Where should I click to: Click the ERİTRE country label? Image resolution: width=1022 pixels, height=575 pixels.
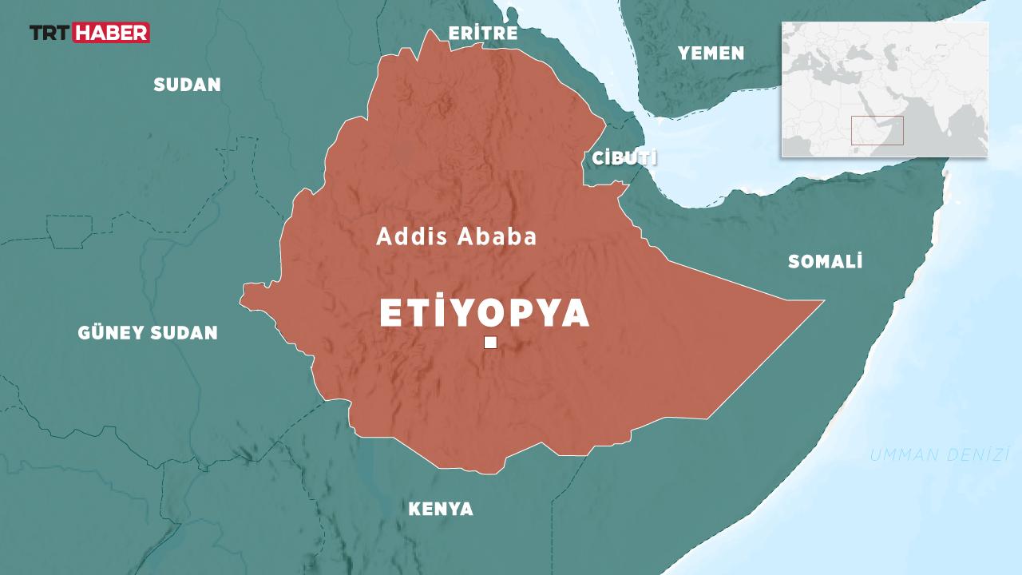[483, 34]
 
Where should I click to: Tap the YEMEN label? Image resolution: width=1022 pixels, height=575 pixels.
[711, 54]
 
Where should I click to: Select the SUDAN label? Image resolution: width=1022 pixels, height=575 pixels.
[187, 85]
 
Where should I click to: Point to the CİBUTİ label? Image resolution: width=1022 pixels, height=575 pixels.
[624, 158]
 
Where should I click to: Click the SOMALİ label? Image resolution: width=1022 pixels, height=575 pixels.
[825, 262]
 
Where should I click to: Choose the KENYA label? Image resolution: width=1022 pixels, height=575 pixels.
[441, 510]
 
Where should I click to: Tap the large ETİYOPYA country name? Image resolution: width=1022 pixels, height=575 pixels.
[485, 314]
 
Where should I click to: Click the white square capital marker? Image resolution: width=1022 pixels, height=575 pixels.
[490, 343]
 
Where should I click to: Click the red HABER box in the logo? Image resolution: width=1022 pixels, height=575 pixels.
[111, 33]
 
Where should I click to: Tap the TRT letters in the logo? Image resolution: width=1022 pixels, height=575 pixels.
[50, 33]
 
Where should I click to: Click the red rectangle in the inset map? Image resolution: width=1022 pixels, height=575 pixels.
[877, 130]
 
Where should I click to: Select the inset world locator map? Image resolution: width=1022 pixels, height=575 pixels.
[885, 89]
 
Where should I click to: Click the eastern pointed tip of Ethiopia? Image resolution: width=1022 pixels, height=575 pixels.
[821, 302]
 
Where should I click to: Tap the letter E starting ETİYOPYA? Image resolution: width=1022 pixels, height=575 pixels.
[390, 314]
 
